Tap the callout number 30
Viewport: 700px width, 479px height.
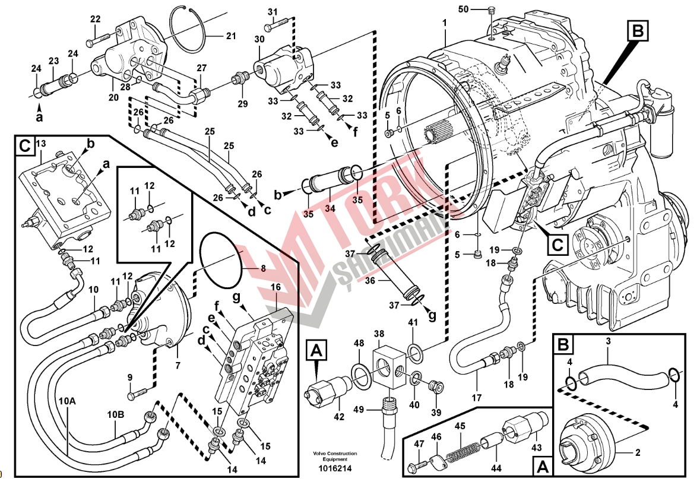[x=259, y=39]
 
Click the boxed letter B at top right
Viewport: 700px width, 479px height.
[x=638, y=30]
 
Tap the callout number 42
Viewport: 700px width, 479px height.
[x=338, y=417]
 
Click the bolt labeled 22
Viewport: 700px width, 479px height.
[x=94, y=42]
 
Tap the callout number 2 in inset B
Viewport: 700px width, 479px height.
[x=638, y=453]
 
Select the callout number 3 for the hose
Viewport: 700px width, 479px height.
[x=608, y=341]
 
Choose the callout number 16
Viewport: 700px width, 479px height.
[x=275, y=287]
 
